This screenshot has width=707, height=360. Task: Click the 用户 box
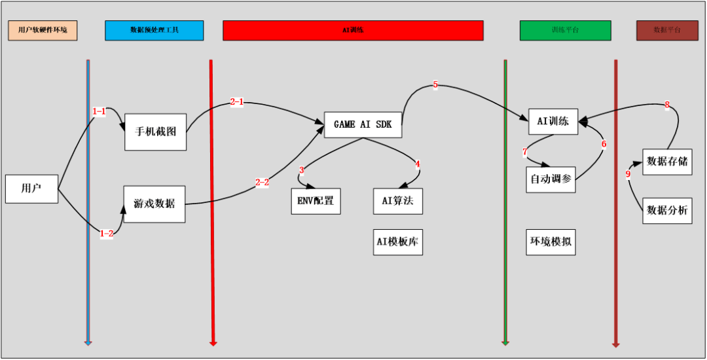click(x=31, y=189)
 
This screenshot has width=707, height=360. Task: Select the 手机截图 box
click(x=155, y=132)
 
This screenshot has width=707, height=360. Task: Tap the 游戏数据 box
click(x=154, y=204)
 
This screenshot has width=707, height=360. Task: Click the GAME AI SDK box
click(x=363, y=124)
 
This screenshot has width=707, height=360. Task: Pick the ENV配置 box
click(x=316, y=201)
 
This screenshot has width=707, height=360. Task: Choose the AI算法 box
click(x=397, y=201)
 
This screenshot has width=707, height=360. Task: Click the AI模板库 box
click(x=397, y=242)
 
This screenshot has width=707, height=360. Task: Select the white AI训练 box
click(x=553, y=121)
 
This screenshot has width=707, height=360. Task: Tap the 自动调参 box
click(x=550, y=179)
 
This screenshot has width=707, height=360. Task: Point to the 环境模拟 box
click(x=550, y=242)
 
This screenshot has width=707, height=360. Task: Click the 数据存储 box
click(x=666, y=161)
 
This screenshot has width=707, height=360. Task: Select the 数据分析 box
click(x=666, y=210)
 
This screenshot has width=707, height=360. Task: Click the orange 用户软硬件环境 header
click(x=43, y=30)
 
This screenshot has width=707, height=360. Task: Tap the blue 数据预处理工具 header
click(x=154, y=30)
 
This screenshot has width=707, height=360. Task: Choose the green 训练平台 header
click(x=565, y=30)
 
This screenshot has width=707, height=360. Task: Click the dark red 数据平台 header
click(x=667, y=30)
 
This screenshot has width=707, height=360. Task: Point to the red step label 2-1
click(x=237, y=102)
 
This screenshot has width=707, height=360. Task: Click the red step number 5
click(x=435, y=85)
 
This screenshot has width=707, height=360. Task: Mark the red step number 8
click(x=667, y=105)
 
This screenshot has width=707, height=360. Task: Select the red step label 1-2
click(x=106, y=233)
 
